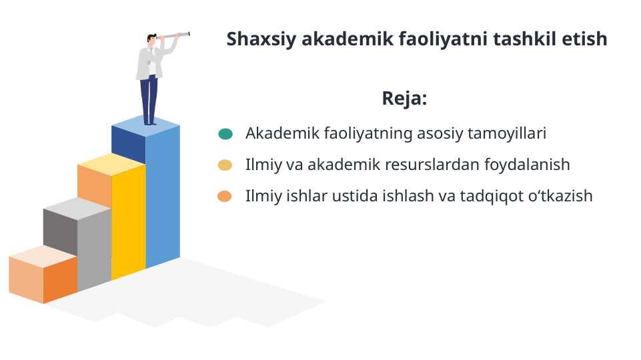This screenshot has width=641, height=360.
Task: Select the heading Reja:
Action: tap(404, 98)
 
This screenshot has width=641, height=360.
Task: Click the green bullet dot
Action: tap(225, 133)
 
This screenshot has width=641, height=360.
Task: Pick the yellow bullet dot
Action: tap(225, 165)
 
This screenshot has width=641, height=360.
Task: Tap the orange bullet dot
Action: tap(224, 197)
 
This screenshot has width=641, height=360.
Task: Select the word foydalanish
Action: tap(527, 165)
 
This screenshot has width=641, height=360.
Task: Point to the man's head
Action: tap(152, 39)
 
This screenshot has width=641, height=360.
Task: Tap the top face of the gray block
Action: tap(77, 209)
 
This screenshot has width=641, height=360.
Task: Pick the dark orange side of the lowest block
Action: tap(61, 280)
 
